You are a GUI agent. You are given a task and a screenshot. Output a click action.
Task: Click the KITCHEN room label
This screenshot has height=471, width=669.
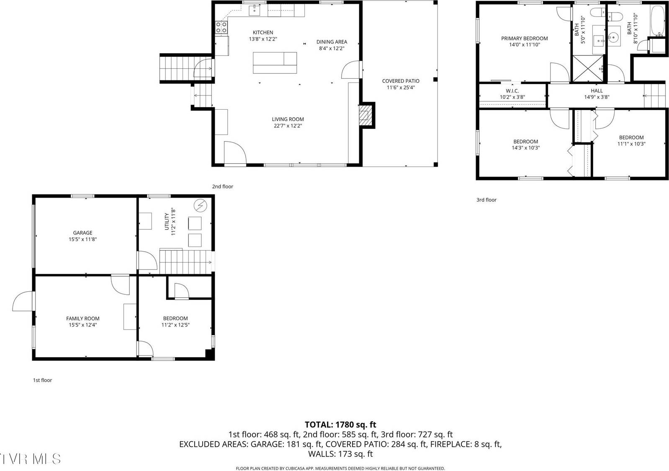tap(262, 32)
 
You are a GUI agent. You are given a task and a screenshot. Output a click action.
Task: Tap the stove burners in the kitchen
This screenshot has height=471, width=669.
tap(221, 27)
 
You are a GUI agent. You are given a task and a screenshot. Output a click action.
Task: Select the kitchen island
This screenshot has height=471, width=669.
tap(275, 63)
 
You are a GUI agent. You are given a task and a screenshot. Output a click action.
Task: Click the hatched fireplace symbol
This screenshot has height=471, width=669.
tap(365, 115)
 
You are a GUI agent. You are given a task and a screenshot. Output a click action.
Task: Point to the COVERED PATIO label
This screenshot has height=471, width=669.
tap(400, 81)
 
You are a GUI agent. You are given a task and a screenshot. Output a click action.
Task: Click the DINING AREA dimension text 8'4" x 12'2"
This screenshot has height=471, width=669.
tap(331, 48)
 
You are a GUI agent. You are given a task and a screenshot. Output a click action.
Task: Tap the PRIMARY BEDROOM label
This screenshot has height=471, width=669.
tap(524, 38)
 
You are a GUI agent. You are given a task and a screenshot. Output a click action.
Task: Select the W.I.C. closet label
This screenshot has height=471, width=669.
tap(512, 90)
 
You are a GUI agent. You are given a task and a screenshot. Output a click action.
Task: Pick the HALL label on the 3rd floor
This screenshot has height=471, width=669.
tap(597, 90)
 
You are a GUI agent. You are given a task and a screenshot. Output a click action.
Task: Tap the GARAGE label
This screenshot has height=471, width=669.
tap(82, 233)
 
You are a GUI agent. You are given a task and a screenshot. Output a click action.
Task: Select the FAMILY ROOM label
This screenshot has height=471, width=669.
tap(82, 319)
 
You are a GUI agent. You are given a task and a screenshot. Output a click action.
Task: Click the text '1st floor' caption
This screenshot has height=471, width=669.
tap(42, 380)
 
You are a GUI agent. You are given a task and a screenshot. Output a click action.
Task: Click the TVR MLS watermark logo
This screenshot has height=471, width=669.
tap(30, 458)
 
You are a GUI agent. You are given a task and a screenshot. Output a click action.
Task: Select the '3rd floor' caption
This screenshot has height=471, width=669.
tap(486, 200)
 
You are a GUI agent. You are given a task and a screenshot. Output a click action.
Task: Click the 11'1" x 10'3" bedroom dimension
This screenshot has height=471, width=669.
tap(631, 144)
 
